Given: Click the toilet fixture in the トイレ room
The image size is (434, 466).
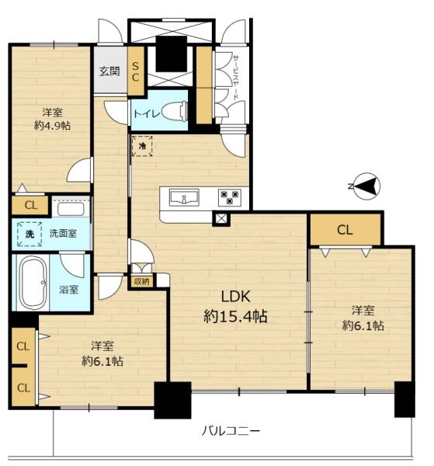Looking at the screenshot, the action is pyautogui.click(x=175, y=111).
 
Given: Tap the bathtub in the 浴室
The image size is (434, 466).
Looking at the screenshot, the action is pyautogui.click(x=33, y=282).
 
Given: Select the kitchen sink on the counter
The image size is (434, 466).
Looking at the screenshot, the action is pyautogui.click(x=184, y=197).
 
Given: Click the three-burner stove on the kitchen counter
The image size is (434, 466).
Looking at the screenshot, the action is pyautogui.click(x=230, y=197).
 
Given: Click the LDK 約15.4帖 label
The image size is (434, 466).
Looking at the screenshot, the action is pyautogui.click(x=235, y=307).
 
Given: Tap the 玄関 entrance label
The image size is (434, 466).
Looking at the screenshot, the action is pyautogui.click(x=109, y=71).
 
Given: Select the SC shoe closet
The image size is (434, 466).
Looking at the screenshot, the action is pyautogui.click(x=136, y=71).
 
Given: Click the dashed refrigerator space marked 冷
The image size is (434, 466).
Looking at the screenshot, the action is pyautogui.click(x=142, y=146).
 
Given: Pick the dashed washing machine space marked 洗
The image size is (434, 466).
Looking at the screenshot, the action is pyautogui.click(x=29, y=235).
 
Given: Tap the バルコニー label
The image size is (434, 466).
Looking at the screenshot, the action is pyautogui.click(x=231, y=430).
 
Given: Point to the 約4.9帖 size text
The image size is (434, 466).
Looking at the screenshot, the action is pyautogui.click(x=52, y=126).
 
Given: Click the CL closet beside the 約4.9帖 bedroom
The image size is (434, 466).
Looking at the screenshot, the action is pyautogui.click(x=30, y=205).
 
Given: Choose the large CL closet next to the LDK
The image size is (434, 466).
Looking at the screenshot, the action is pyautogui.click(x=345, y=230).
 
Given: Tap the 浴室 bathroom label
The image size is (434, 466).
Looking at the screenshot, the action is pyautogui.click(x=68, y=289).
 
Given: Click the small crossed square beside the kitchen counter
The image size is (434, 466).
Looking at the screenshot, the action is pyautogui.click(x=220, y=219).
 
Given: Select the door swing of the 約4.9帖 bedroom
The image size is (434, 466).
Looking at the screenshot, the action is pyautogui.click(x=79, y=170).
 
